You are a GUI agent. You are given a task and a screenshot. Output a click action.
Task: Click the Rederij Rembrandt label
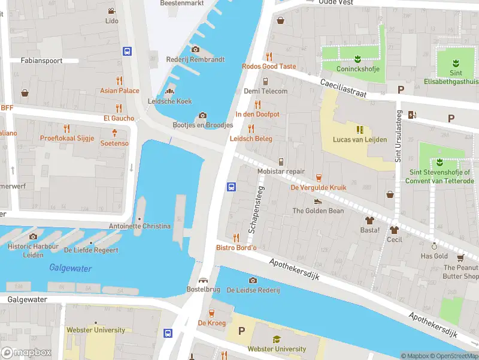pos(195,59)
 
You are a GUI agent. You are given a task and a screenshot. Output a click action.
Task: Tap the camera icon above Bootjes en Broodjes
pos(202,115)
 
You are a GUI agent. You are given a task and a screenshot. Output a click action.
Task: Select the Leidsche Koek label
pos(169,101)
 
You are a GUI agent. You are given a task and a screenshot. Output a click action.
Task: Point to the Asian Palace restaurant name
pos(120,91)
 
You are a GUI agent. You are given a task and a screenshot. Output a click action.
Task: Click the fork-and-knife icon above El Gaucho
pos(119,108)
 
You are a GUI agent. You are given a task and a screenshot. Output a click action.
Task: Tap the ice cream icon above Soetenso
pos(114,133)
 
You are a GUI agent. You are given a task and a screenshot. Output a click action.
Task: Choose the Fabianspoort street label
pos(41,61)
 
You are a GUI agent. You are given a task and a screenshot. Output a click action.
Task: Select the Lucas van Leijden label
pos(359,140)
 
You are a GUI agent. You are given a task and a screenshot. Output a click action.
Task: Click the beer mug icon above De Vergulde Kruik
pos(319,177)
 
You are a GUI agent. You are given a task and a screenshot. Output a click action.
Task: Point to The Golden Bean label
pos(318,211)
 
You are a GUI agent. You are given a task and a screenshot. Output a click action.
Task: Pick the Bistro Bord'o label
pos(236,248)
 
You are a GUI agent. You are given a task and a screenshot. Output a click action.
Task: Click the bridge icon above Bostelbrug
pos(204,280)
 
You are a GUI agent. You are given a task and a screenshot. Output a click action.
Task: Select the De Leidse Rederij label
pos(253,290)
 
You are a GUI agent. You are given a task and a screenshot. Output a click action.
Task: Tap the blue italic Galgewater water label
pos(71,268)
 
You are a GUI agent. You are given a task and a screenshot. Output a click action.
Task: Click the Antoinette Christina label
pos(140,226)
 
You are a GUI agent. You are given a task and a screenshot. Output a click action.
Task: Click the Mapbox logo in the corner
pos(26,353)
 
